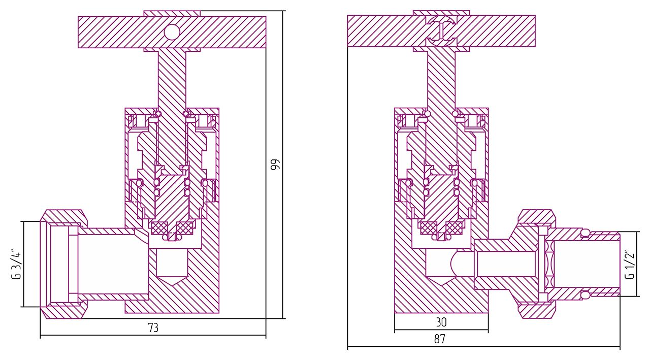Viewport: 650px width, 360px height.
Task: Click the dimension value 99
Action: [275, 165]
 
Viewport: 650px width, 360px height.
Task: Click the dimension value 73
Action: [153, 328]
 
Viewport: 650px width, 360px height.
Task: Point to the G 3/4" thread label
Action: [17, 264]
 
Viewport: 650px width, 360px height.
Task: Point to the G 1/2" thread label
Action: [630, 264]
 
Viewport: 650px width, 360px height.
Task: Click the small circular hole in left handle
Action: [172, 32]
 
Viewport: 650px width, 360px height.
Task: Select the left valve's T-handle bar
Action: [112, 32]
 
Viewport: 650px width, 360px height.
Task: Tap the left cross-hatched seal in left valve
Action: [159, 229]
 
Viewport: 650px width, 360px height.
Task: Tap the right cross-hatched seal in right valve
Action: [454, 229]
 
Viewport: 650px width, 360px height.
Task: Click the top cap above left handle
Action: [172, 13]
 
